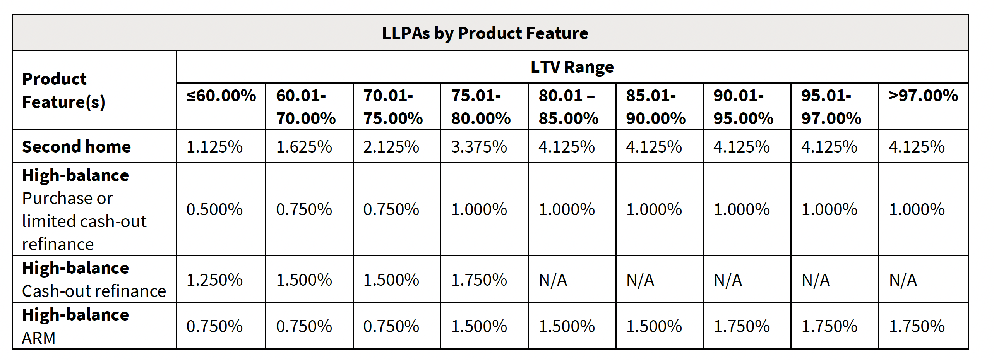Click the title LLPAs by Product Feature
(485, 33)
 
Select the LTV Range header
(572, 67)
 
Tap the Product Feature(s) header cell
(63, 91)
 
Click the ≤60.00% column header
(221, 96)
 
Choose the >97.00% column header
(923, 96)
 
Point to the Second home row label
(76, 147)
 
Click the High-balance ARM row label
(75, 326)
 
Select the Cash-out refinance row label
(94, 291)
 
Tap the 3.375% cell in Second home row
(479, 147)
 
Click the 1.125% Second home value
(214, 147)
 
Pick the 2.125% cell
(391, 147)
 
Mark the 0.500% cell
(214, 209)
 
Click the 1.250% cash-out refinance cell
(214, 279)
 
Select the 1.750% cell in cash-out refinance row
(479, 279)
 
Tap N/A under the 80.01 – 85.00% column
(553, 279)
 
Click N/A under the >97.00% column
(903, 279)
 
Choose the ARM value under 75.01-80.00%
(479, 326)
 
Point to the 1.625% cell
(304, 147)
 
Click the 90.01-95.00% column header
(743, 107)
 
